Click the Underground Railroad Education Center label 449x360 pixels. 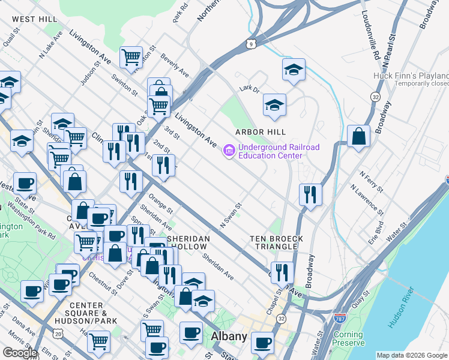pyautogui.click(x=270, y=151)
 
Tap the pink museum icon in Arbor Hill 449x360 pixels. pyautogui.click(x=229, y=151)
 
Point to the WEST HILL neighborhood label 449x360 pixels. pyautogui.click(x=35, y=19)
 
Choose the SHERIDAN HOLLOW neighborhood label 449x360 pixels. pyautogui.click(x=188, y=242)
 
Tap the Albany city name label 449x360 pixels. pyautogui.click(x=229, y=337)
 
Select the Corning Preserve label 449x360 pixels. pyautogui.click(x=348, y=338)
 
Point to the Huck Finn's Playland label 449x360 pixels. pyautogui.click(x=411, y=76)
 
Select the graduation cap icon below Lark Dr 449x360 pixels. pyautogui.click(x=274, y=105)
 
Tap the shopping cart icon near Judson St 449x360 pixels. pyautogui.click(x=131, y=58)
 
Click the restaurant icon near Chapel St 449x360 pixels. pyautogui.click(x=282, y=272)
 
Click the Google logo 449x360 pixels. pyautogui.click(x=20, y=353)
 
